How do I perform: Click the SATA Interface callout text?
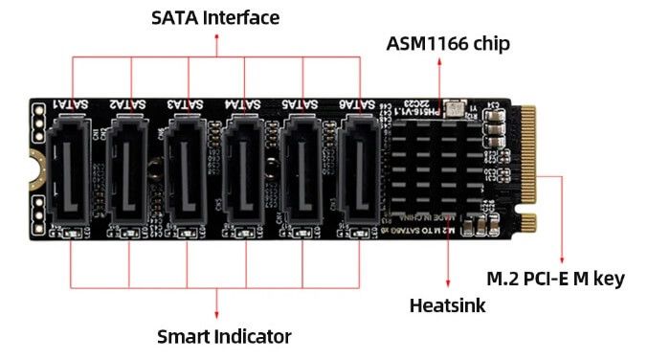pos(215,18)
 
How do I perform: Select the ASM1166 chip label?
pos(448,43)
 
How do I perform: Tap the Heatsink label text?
pos(448,305)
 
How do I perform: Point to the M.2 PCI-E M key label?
pos(555,279)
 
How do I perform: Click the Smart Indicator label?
pos(224,336)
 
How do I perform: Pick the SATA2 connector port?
pos(129,168)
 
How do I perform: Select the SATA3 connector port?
pos(188,168)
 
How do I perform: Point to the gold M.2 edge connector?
pos(529,168)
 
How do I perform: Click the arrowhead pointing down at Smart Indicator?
pos(217,315)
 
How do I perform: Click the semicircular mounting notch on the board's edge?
pos(32,169)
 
